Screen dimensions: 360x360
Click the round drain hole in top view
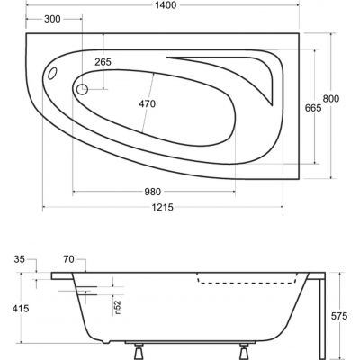(82, 90)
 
